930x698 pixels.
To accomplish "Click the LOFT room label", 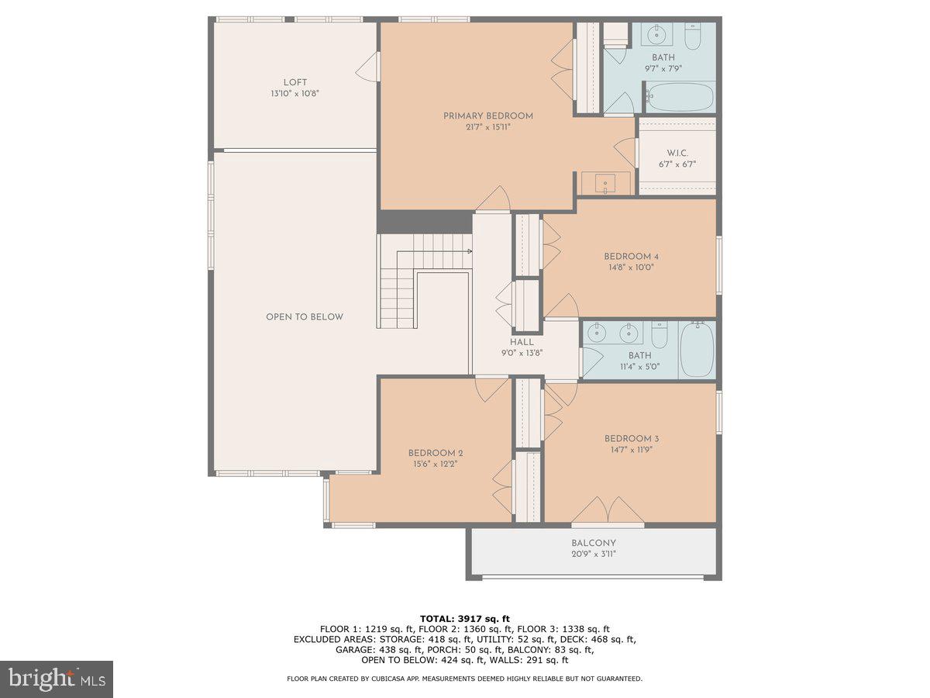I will click(x=294, y=82).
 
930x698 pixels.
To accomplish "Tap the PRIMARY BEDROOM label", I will click(x=488, y=116).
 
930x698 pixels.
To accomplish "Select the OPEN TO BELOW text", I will click(x=305, y=317).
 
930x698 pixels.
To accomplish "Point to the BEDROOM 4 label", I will click(x=631, y=257).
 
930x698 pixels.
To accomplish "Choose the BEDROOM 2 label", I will click(x=436, y=454).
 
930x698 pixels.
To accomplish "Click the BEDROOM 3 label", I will click(x=632, y=439).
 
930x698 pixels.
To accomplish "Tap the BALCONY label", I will click(x=594, y=544).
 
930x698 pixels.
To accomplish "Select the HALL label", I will click(x=522, y=342).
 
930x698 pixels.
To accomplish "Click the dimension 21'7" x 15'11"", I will click(x=488, y=127).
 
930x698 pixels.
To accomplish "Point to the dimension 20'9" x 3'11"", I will click(x=594, y=555).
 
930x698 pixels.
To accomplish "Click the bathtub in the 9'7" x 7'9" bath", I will click(x=680, y=98).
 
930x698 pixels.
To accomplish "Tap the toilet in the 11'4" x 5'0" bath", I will click(x=660, y=335).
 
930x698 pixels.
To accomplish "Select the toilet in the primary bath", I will click(x=693, y=35).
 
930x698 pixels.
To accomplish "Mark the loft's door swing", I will click(x=367, y=67).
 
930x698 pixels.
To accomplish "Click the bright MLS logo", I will click(x=57, y=679).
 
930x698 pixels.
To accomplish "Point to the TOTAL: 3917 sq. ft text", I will click(x=465, y=618).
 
